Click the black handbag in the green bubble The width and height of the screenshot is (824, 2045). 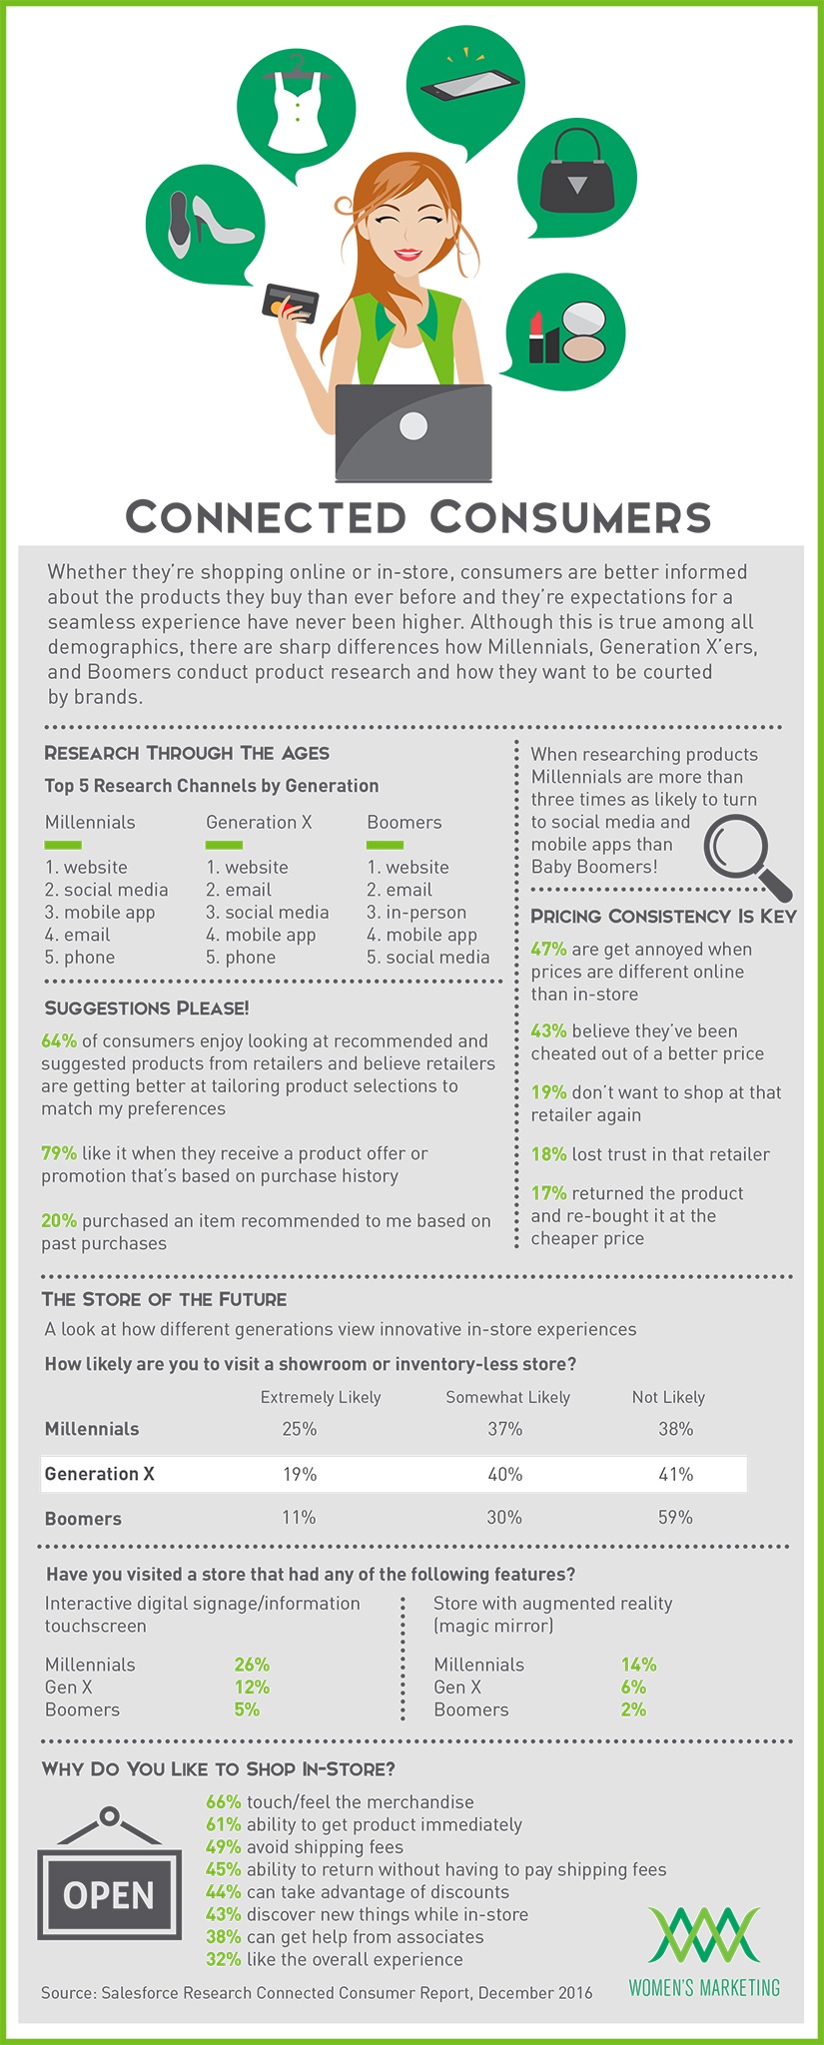[576, 173]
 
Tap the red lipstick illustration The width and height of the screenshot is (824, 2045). [536, 337]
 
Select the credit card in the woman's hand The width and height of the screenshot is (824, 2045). [289, 301]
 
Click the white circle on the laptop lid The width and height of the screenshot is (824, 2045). [413, 426]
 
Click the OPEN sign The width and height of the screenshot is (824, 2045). [109, 1894]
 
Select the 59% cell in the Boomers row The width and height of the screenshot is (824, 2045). [675, 1517]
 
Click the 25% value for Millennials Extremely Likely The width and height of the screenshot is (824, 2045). [299, 1429]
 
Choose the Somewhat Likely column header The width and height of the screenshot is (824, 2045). [507, 1397]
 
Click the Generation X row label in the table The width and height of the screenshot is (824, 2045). [100, 1474]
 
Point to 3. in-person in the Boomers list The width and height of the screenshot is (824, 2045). [416, 912]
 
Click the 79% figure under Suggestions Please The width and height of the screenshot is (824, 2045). [59, 1153]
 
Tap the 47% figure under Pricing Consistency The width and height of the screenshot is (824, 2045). [548, 949]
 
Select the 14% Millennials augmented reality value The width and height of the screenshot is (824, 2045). [638, 1665]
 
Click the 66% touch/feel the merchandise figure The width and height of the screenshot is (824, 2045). [224, 1801]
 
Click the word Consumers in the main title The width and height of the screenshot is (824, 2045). [570, 516]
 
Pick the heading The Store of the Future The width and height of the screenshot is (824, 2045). [164, 1299]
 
